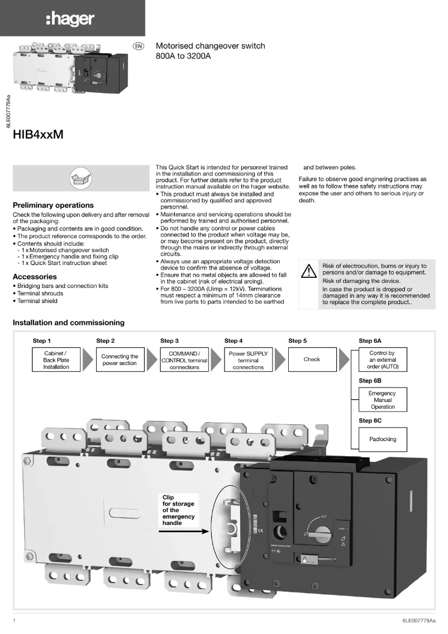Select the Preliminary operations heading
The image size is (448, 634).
pos(53,205)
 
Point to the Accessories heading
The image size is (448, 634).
pos(35,277)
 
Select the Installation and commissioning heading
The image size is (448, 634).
pos(69,323)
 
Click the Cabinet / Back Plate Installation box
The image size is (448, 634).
pos(56,360)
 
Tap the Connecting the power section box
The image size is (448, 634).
pos(120,360)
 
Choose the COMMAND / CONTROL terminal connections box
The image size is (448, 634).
pos(184,360)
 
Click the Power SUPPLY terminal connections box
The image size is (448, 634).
pos(248,360)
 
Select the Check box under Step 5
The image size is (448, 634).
pos(312,359)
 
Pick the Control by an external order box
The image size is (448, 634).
pos(383,360)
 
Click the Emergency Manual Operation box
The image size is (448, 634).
pos(383,400)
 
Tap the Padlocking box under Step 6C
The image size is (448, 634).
pos(383,439)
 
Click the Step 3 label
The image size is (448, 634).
pos(170,340)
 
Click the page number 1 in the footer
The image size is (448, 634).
pos(14,621)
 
